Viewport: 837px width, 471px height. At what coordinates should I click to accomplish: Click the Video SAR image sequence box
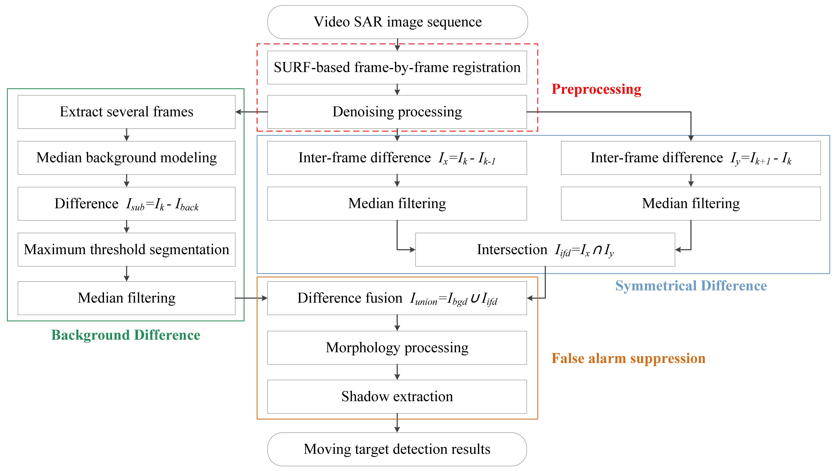397,22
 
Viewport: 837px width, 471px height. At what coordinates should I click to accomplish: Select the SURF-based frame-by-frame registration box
397,68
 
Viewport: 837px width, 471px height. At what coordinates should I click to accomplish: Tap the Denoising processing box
397,112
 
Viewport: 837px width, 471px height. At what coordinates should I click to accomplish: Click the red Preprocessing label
596,89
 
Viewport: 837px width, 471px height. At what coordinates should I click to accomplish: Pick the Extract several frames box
126,112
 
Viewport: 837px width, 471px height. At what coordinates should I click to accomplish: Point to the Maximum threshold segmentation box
126,250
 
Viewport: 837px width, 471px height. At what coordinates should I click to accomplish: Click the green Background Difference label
126,335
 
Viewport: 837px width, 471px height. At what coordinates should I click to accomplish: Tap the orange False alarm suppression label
628,358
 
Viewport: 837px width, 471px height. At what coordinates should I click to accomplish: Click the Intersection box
545,250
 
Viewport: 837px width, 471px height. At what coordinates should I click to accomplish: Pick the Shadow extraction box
397,397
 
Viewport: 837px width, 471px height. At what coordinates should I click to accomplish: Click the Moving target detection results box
397,449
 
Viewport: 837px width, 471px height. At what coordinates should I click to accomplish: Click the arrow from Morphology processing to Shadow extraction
397,372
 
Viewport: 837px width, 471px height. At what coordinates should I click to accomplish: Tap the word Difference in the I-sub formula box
86,204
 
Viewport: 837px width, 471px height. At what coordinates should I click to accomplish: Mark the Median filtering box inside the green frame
126,298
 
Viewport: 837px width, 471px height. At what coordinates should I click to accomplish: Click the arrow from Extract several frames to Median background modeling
127,135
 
